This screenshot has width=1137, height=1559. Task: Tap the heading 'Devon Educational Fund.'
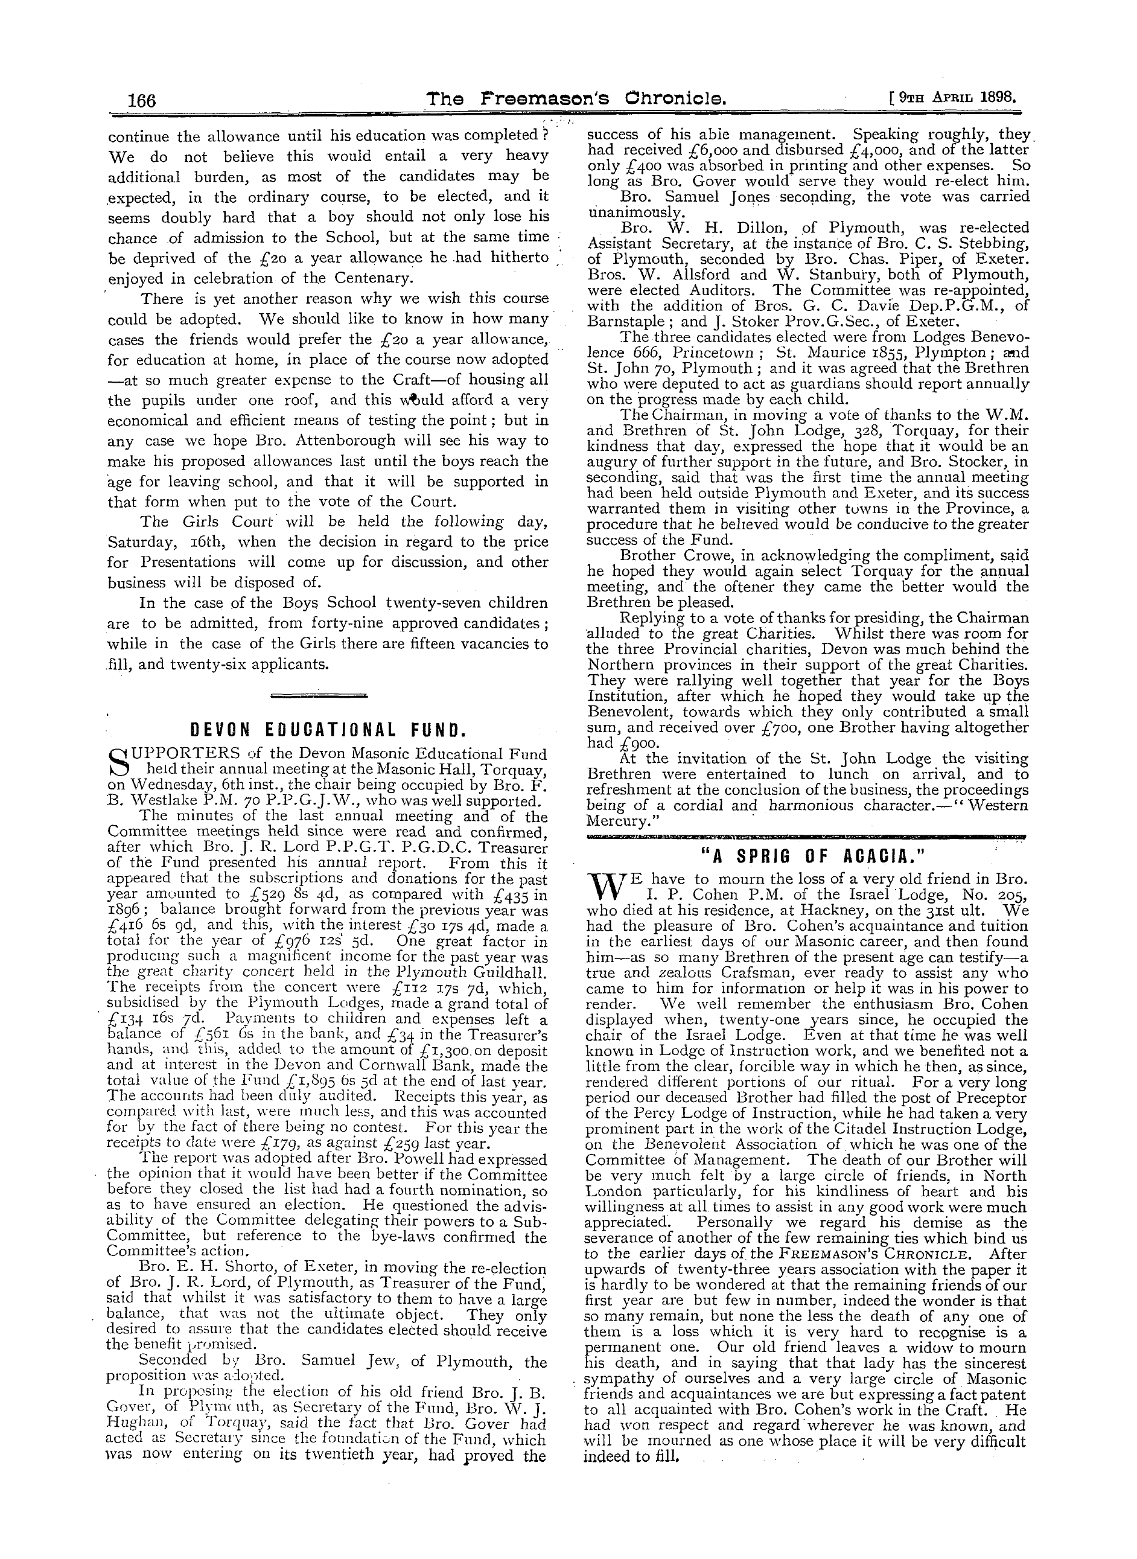click(x=327, y=730)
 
